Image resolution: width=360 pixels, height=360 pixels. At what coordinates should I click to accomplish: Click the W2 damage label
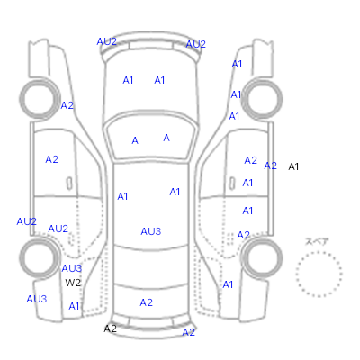pos(73,283)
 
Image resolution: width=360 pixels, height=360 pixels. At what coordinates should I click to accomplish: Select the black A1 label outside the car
pos(293,166)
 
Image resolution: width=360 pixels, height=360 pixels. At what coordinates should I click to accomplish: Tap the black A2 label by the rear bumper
pos(110,328)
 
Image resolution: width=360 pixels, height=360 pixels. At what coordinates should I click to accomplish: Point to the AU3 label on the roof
pos(151,231)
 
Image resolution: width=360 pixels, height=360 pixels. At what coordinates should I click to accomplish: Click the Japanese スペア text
pos(317,241)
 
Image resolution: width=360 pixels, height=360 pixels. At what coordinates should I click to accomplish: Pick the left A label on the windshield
pos(135,140)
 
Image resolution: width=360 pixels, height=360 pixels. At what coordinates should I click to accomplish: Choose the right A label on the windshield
pos(166,138)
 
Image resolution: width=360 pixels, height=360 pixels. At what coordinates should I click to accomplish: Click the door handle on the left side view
pos(69,184)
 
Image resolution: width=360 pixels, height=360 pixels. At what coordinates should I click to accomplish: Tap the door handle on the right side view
pos(232,184)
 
